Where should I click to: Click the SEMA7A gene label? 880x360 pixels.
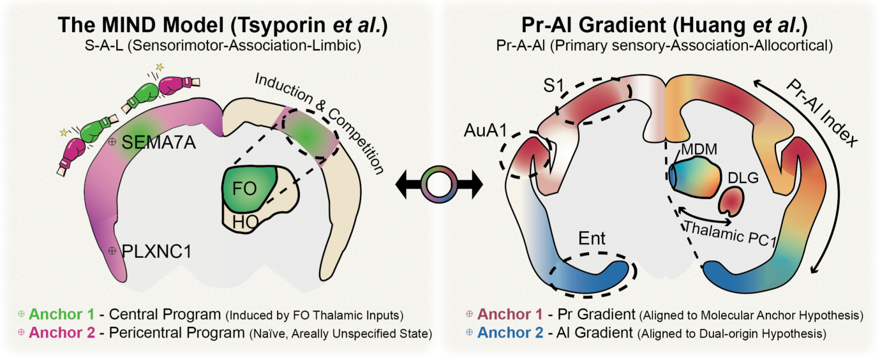point(158,142)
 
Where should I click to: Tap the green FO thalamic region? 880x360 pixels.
point(250,189)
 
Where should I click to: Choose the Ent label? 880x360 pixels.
point(591,241)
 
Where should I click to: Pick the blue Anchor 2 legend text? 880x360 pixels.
point(511,333)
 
